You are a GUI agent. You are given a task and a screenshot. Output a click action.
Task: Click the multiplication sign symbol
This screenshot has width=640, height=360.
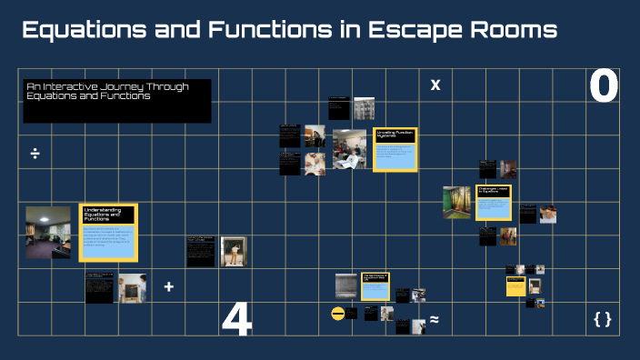click(x=435, y=85)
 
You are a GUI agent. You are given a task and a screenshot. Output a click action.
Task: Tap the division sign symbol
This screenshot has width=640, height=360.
click(x=35, y=153)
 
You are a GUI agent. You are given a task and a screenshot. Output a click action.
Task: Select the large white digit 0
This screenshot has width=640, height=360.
click(x=604, y=87)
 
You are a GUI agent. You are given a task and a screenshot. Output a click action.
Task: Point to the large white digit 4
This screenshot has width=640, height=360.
click(x=236, y=320)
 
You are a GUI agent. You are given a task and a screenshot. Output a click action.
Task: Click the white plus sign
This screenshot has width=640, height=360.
click(x=168, y=287)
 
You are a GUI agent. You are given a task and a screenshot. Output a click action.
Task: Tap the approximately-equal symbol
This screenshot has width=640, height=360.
click(x=435, y=319)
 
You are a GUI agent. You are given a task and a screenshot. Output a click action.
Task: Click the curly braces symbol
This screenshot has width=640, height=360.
click(x=602, y=319)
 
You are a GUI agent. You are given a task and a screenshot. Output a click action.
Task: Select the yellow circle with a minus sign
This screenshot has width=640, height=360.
click(x=338, y=314)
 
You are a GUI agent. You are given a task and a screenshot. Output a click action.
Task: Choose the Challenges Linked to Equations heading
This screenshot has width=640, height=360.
click(x=493, y=191)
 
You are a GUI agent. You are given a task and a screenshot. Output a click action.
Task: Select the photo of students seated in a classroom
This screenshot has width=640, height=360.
click(x=349, y=148)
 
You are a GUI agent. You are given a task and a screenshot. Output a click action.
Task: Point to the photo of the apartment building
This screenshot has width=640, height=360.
click(x=364, y=107)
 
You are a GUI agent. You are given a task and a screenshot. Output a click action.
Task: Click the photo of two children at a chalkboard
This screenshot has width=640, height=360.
click(x=132, y=287)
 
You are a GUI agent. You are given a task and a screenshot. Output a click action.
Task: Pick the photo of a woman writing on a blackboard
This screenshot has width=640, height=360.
click(x=234, y=251)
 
